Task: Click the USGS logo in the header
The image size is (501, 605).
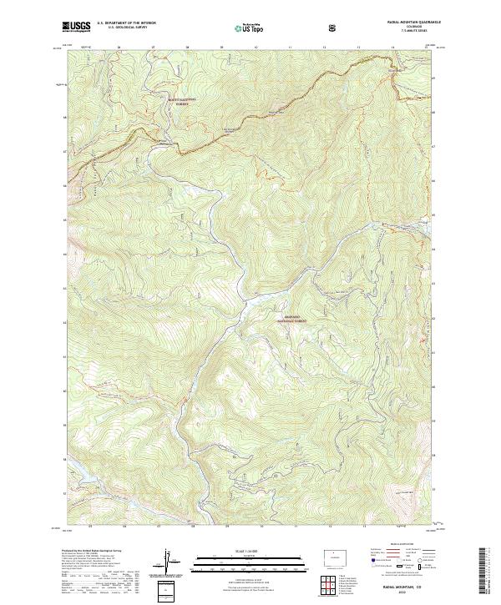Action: tap(76, 26)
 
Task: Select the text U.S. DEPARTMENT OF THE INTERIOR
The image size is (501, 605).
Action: tap(127, 23)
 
